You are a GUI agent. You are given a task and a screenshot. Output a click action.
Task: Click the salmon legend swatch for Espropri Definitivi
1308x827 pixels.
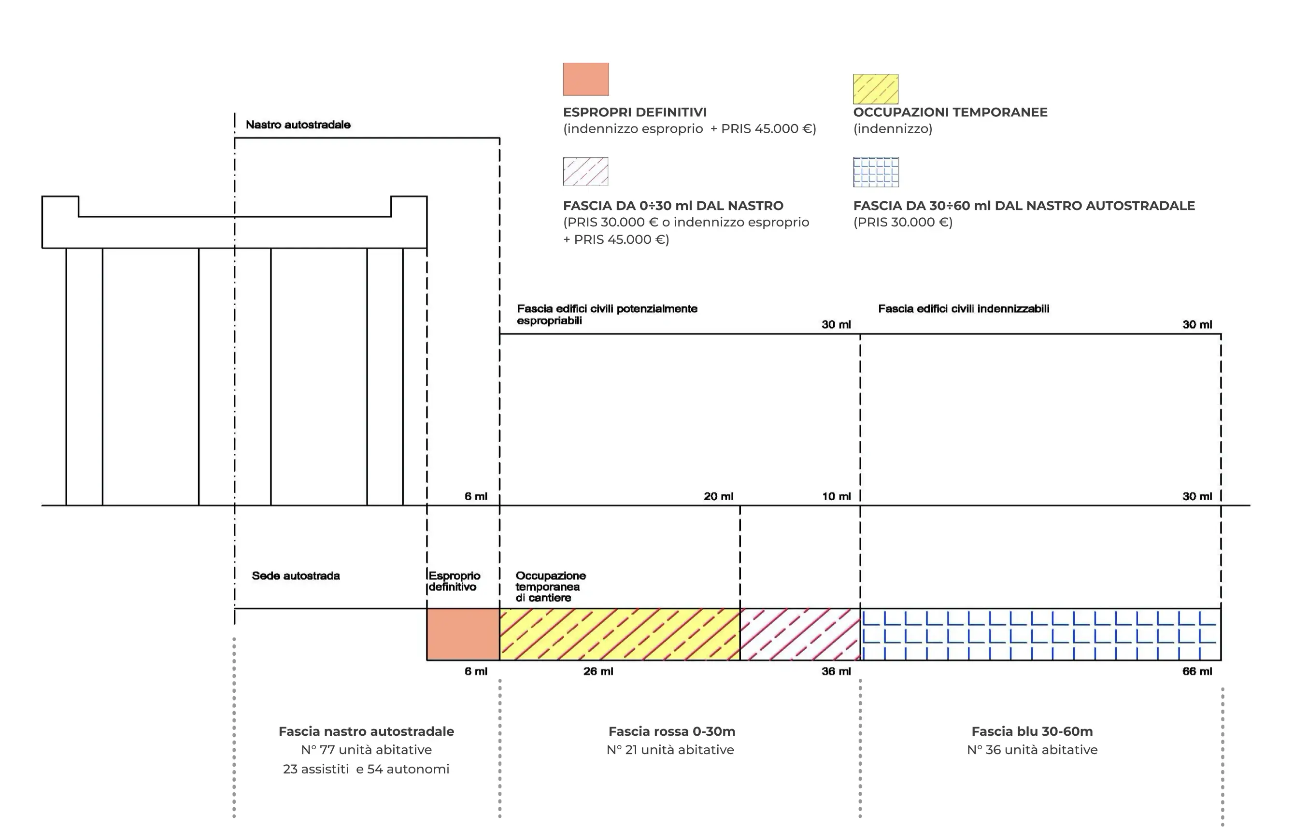point(585,79)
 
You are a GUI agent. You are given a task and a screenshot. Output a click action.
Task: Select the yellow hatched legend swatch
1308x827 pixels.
point(876,89)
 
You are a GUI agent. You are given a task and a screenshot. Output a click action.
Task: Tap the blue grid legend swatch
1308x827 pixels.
point(876,172)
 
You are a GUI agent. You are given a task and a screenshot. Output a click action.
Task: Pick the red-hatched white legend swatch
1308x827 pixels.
point(585,171)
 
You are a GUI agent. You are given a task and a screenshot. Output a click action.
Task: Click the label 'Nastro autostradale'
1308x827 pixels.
point(298,125)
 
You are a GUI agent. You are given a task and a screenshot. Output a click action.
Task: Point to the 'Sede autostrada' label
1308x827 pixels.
point(296,575)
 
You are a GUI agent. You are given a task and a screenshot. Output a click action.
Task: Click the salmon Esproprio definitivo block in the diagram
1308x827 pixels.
point(463,634)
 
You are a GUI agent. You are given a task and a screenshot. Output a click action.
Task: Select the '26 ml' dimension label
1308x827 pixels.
point(598,671)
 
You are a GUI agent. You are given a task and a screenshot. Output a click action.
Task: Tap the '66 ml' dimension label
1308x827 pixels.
point(1196,671)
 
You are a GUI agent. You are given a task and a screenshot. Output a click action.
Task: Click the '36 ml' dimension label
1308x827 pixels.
point(836,671)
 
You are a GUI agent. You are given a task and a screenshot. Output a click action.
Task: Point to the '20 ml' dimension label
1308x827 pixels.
point(718,496)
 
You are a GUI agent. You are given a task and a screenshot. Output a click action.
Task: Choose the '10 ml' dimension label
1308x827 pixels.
point(836,496)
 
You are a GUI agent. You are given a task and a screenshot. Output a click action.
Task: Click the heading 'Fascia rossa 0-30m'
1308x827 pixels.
point(671,731)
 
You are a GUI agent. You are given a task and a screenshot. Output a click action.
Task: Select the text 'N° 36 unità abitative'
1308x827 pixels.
point(1032,750)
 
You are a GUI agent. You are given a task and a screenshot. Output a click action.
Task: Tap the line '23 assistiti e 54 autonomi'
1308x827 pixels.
point(366,769)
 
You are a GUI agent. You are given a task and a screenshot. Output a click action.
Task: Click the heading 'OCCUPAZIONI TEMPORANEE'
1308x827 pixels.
point(950,112)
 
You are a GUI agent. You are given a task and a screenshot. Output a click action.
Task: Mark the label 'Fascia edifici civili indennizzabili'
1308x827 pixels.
point(964,309)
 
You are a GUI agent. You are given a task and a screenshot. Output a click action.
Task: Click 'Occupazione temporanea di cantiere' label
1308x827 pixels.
point(550,587)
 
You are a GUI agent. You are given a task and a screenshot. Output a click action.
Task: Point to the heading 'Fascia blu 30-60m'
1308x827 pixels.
point(1032,731)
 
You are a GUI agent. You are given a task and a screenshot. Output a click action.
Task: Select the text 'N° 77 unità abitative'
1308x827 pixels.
point(366,750)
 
